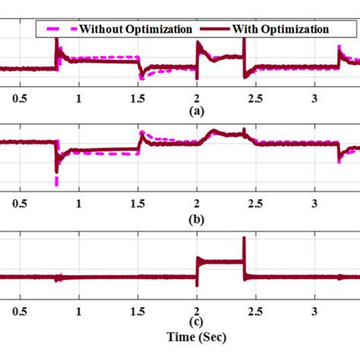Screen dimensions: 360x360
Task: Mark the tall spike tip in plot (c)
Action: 244,238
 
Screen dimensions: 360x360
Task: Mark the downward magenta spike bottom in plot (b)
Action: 56,185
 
